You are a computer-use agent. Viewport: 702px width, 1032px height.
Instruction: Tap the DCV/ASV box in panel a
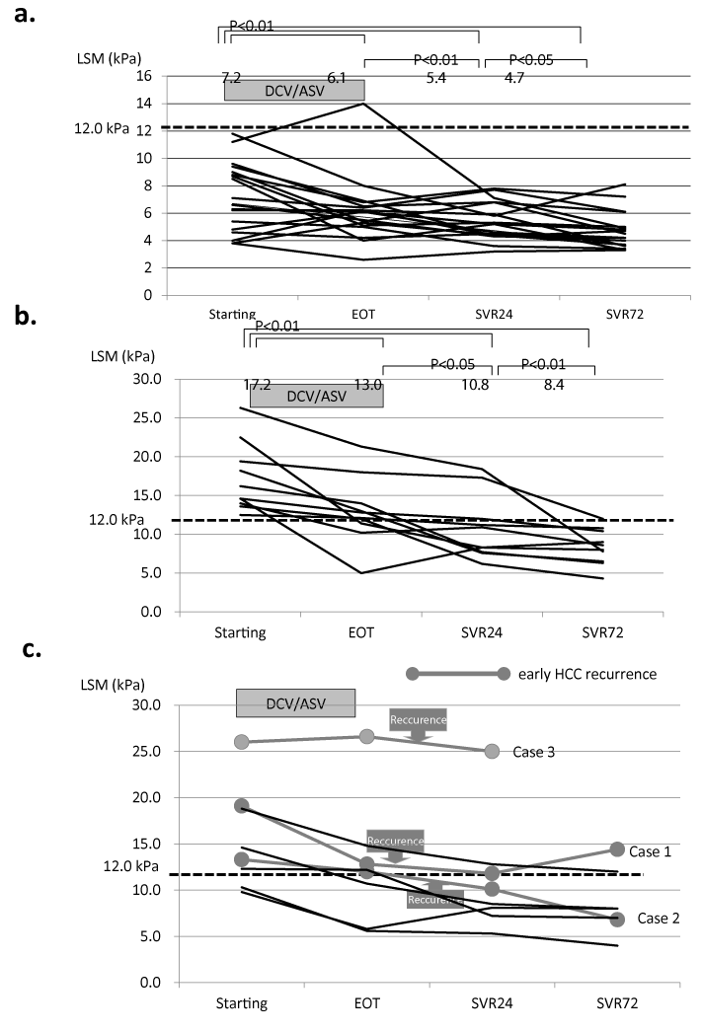(280, 90)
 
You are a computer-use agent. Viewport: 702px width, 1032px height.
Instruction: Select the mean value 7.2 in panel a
(231, 78)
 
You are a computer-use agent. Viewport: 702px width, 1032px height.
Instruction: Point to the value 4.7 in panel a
(515, 78)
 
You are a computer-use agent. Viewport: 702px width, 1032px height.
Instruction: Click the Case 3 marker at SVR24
(492, 752)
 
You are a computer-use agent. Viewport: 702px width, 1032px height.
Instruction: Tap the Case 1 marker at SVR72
(617, 849)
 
